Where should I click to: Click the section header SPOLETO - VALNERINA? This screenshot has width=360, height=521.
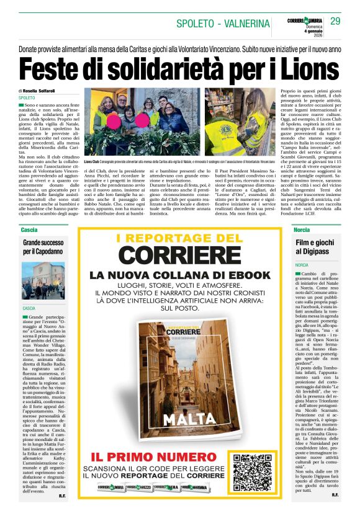[223, 24]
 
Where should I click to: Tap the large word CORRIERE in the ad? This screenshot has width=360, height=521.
[179, 255]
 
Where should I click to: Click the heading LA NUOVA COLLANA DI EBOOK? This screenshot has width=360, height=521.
[179, 275]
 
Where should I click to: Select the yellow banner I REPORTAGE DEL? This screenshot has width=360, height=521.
[179, 238]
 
